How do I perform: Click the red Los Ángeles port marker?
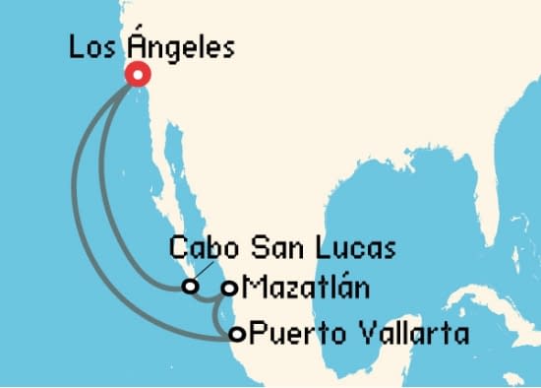(137, 75)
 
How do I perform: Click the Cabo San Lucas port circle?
(189, 288)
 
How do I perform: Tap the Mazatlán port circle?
(229, 288)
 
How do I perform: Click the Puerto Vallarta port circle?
(237, 333)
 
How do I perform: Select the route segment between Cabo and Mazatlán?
(210, 291)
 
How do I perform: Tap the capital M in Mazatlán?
(251, 288)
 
